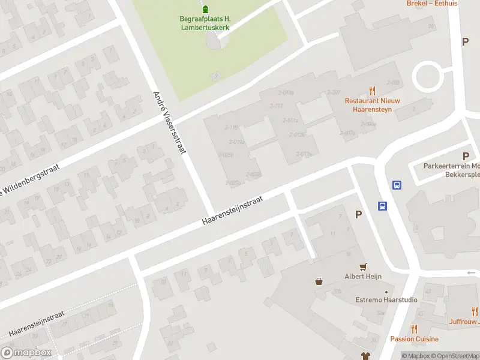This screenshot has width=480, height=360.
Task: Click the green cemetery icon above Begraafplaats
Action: point(206,9)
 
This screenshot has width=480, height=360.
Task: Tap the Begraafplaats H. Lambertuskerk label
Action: point(205,23)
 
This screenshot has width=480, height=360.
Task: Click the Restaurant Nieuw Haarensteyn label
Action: point(372,105)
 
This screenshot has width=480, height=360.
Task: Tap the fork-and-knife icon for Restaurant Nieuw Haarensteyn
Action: point(372,91)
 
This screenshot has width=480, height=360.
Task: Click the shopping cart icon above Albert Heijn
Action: point(362,266)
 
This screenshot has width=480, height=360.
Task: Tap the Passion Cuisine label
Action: point(414,339)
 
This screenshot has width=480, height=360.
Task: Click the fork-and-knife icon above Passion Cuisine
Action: point(414,328)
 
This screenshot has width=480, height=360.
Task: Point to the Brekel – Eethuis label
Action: point(432,4)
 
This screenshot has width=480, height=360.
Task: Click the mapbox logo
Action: point(25,352)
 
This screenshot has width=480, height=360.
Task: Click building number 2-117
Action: point(277,106)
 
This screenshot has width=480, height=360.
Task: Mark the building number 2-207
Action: point(334,92)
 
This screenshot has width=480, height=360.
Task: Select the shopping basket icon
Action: point(319,280)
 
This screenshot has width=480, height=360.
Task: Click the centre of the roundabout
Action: point(427,77)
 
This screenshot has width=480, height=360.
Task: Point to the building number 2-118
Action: point(232,127)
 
